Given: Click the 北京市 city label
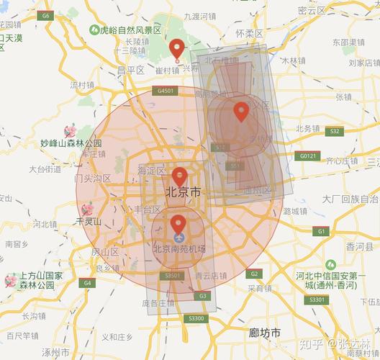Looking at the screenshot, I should (183, 192).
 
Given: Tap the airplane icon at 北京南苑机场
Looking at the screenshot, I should (178, 237).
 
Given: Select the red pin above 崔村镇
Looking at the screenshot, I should (177, 50).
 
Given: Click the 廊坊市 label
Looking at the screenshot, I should (263, 333).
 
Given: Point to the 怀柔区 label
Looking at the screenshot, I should (249, 33).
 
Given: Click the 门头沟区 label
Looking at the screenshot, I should (91, 177).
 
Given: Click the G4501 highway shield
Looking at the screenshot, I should (165, 91).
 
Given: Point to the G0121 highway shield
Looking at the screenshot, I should (308, 156).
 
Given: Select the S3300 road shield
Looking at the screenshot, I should (196, 318).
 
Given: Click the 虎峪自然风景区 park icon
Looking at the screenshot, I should (94, 30).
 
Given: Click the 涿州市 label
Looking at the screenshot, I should (55, 352).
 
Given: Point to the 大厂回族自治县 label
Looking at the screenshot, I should (350, 198).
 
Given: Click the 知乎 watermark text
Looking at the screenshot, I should (312, 344).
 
